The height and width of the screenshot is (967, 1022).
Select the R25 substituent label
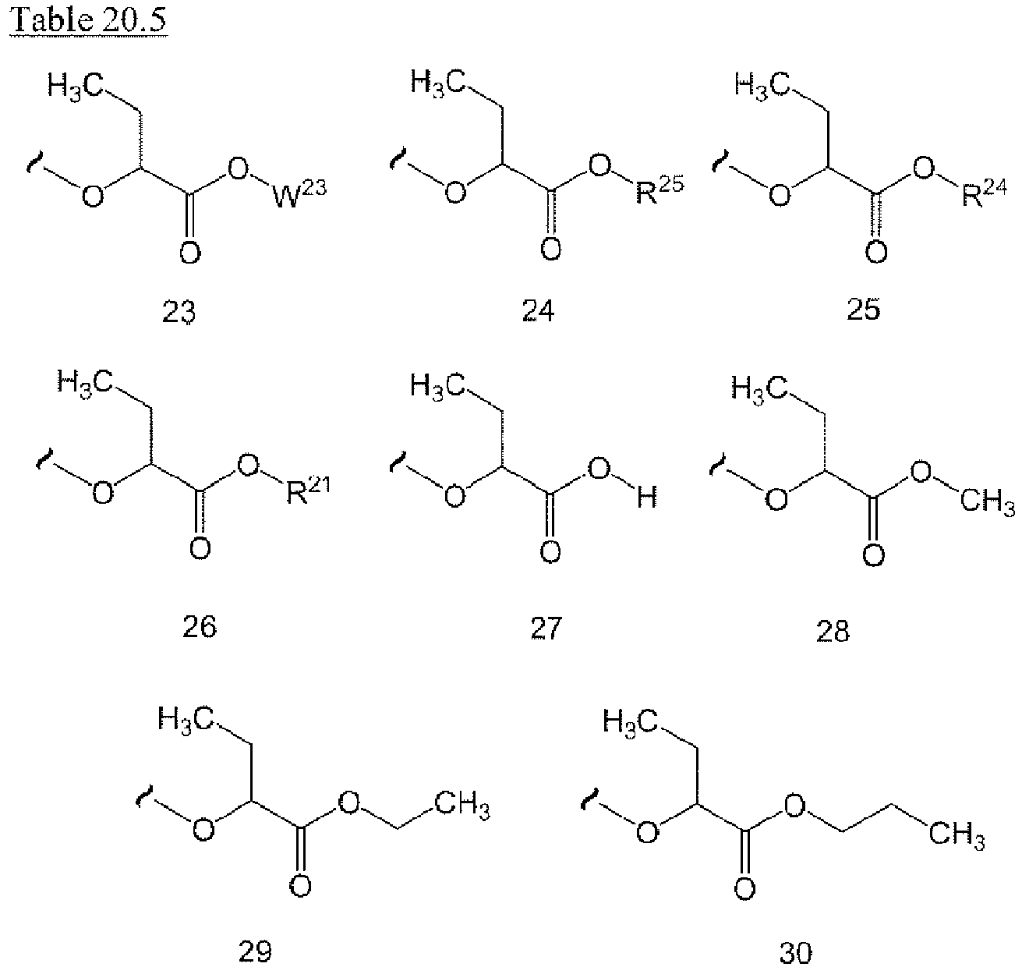[660, 189]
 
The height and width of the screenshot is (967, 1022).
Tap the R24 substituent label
[984, 193]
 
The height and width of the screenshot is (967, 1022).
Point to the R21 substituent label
[308, 491]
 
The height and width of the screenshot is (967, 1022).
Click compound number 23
[179, 312]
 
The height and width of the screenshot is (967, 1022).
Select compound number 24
[539, 310]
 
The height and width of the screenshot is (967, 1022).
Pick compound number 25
[864, 309]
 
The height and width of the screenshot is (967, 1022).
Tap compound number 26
[199, 626]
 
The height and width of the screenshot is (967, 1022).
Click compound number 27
[546, 629]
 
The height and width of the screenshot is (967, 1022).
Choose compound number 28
[833, 631]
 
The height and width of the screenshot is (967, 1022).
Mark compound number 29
[255, 951]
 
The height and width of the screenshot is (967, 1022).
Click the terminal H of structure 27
[647, 496]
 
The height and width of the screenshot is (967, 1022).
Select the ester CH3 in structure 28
[987, 502]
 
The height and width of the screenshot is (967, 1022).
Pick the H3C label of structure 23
[76, 87]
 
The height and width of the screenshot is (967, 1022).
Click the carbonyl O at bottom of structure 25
[876, 253]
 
